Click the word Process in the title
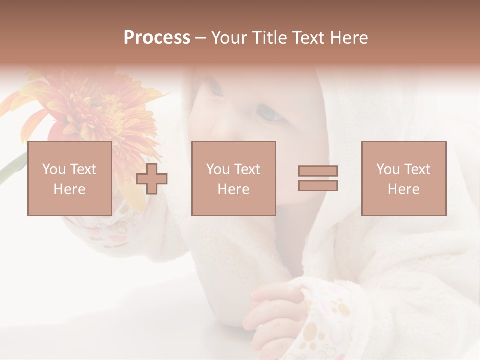tap(157, 38)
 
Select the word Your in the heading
tap(230, 38)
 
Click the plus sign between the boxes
tap(152, 178)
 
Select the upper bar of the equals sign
tap(318, 171)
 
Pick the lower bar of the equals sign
tap(318, 185)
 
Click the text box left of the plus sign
tap(69, 178)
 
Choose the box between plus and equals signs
tap(233, 178)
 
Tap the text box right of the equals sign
tap(403, 178)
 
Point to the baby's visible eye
tap(270, 115)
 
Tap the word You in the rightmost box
tap(388, 169)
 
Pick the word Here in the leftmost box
tap(69, 189)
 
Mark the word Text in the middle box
tap(247, 169)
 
